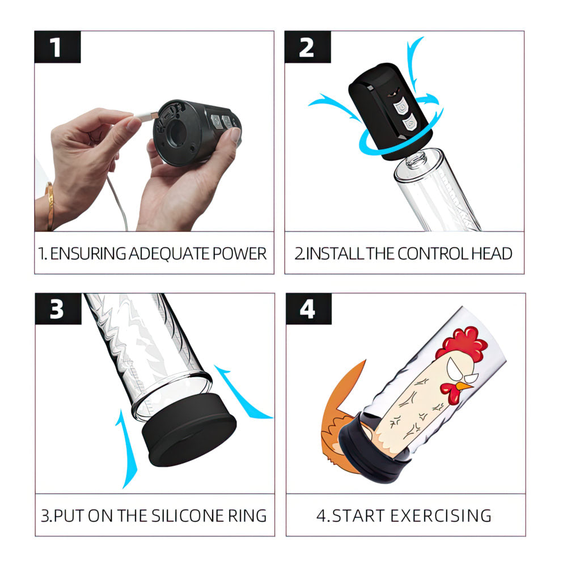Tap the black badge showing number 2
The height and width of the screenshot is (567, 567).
pos(306,47)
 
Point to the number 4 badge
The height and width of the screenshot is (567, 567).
pos(307,309)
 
